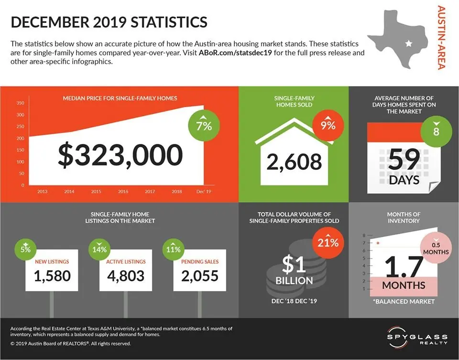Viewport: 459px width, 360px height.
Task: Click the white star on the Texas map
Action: click(x=408, y=44)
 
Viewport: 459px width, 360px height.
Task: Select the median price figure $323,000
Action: click(x=120, y=155)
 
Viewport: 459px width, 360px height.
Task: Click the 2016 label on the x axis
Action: click(x=123, y=191)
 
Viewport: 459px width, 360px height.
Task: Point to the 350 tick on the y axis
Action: click(x=20, y=103)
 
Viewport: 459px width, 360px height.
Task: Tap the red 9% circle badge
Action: click(x=328, y=126)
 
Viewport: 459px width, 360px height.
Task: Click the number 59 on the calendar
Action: click(x=404, y=160)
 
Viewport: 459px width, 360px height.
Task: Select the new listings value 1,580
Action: click(x=52, y=275)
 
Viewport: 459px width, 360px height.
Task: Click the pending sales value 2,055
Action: click(x=199, y=275)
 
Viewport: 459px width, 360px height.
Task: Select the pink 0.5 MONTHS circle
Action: click(x=436, y=248)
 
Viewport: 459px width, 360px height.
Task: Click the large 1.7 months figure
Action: click(x=404, y=266)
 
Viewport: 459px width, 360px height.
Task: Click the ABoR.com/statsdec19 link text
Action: click(x=236, y=53)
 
